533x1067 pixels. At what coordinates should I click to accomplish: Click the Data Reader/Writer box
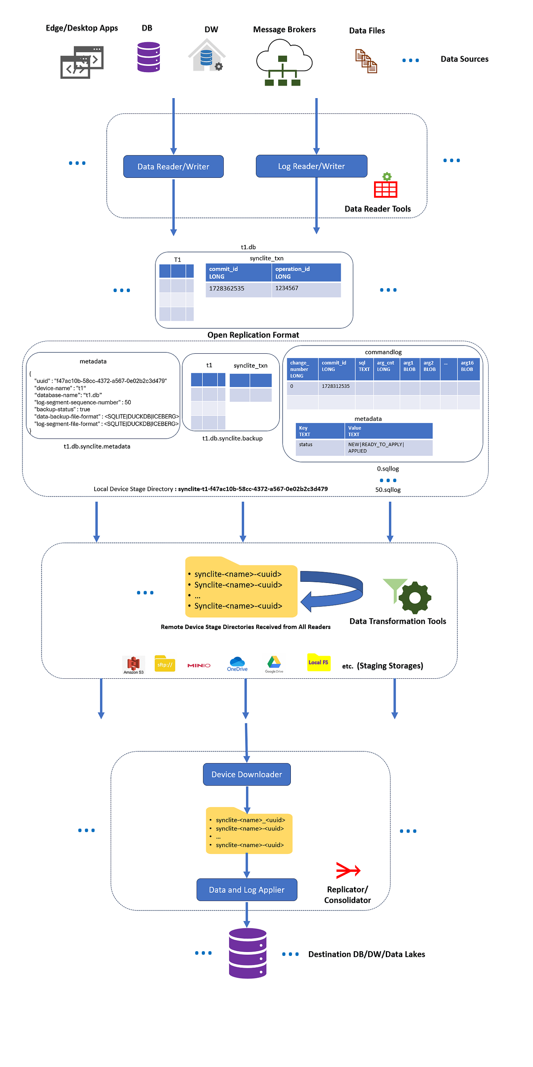pyautogui.click(x=173, y=166)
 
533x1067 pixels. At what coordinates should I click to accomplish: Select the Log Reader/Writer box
pyautogui.click(x=311, y=166)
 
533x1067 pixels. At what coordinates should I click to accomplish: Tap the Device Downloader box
pyautogui.click(x=246, y=774)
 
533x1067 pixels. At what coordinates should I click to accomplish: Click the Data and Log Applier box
pyautogui.click(x=246, y=889)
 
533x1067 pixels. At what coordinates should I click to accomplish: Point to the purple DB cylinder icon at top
pyautogui.click(x=148, y=57)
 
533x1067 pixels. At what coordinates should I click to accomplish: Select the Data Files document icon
pyautogui.click(x=366, y=61)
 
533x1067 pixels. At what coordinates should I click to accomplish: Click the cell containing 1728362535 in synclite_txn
pyautogui.click(x=238, y=289)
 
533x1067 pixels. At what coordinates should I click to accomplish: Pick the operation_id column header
pyautogui.click(x=306, y=272)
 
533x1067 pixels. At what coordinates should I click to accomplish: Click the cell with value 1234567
pyautogui.click(x=306, y=289)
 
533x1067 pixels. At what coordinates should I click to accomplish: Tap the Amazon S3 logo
pyautogui.click(x=133, y=664)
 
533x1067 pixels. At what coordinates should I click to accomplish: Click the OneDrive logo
pyautogui.click(x=237, y=663)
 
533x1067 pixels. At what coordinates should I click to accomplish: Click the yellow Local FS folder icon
pyautogui.click(x=318, y=662)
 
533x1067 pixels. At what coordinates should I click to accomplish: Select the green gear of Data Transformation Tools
pyautogui.click(x=414, y=598)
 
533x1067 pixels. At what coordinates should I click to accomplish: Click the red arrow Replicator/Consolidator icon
pyautogui.click(x=348, y=870)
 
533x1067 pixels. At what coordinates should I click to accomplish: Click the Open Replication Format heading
pyautogui.click(x=253, y=335)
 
